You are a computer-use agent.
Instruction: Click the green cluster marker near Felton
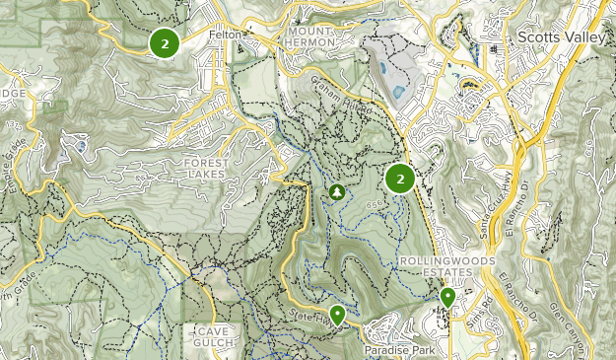(164, 42)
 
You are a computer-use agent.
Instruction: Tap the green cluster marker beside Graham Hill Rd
(399, 179)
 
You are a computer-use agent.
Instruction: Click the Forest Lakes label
(205, 168)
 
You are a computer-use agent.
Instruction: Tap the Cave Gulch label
(208, 336)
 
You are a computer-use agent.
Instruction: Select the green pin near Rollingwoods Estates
(447, 296)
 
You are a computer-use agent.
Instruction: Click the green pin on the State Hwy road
(337, 315)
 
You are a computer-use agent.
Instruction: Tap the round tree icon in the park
(336, 191)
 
